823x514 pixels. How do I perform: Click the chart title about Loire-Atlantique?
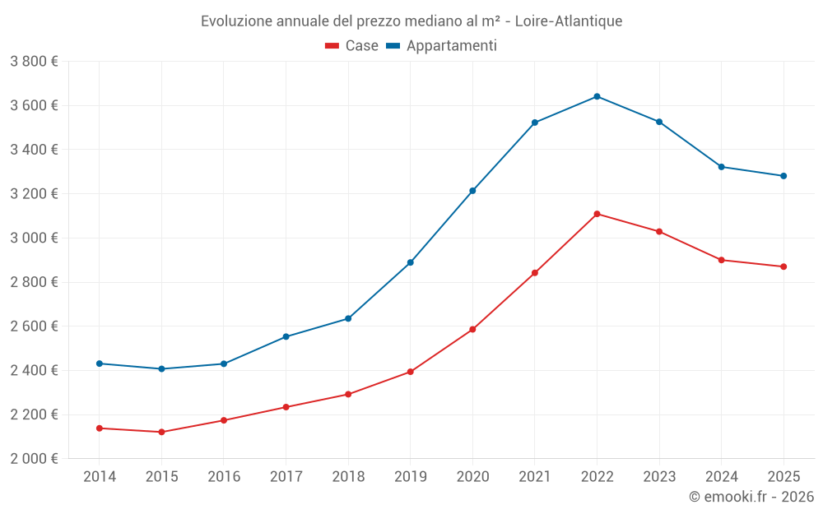411,21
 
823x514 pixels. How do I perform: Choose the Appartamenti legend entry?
442,46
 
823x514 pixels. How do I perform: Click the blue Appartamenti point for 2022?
597,96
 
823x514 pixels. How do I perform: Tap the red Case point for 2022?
597,214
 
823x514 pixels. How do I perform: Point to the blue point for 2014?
100,364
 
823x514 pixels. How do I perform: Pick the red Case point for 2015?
161,432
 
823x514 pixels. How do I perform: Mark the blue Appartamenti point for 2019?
410,262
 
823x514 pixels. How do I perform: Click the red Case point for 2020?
472,329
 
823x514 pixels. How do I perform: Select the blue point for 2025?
783,176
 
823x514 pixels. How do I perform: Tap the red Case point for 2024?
721,260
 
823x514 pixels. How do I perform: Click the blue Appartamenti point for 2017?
286,336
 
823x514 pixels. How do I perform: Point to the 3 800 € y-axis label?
34,62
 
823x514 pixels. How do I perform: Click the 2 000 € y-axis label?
34,459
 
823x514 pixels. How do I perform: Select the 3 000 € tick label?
34,238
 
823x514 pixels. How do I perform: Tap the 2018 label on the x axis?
348,476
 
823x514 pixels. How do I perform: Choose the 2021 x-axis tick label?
535,476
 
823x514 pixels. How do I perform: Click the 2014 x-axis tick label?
100,476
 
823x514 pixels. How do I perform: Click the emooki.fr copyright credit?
751,497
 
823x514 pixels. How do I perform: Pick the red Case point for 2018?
348,394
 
